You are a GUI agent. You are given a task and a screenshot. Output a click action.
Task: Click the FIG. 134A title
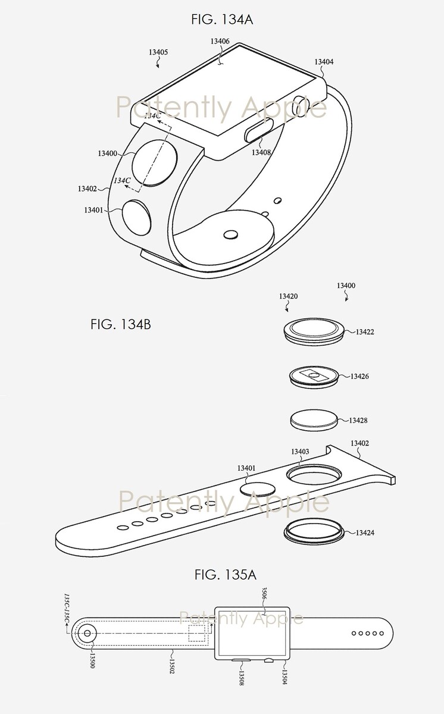coord(222,20)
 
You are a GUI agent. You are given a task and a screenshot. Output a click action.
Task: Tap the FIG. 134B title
coord(121,324)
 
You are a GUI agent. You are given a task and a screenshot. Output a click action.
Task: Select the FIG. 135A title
coord(226,575)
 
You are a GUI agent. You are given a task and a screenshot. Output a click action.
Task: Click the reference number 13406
coord(220,41)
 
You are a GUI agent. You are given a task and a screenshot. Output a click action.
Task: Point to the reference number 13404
coord(324,61)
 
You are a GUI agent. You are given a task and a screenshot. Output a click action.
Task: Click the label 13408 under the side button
coord(261,152)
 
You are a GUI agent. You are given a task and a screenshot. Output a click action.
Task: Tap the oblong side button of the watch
coord(258,130)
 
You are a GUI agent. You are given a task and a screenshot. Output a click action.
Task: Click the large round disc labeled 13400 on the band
coord(155,163)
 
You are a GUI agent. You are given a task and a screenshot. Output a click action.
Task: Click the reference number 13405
coord(158,52)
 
